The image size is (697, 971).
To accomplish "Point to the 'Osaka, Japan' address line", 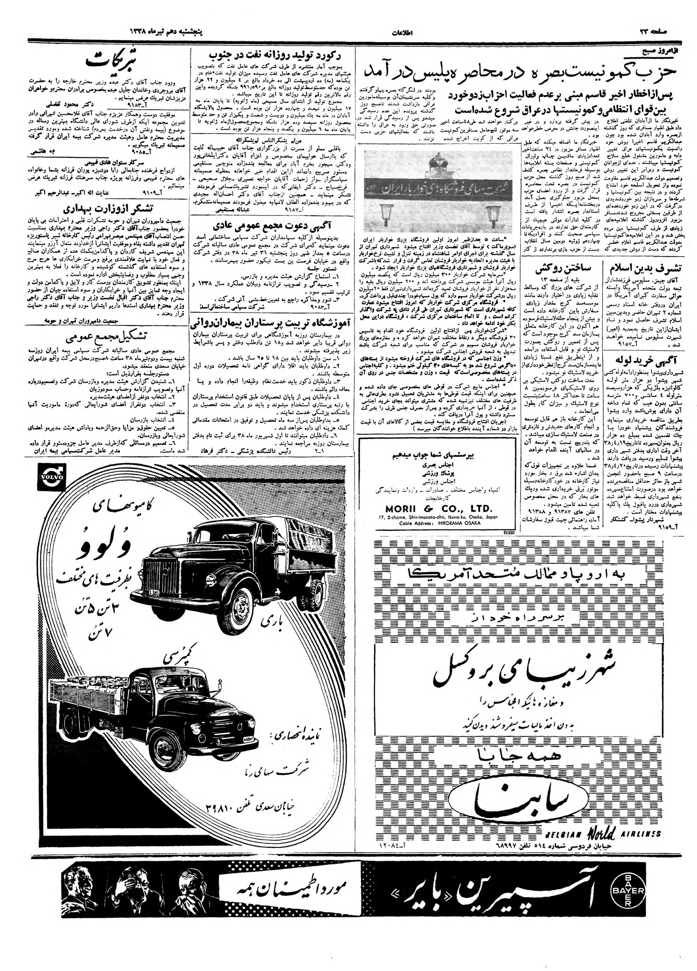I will (x=438, y=517).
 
